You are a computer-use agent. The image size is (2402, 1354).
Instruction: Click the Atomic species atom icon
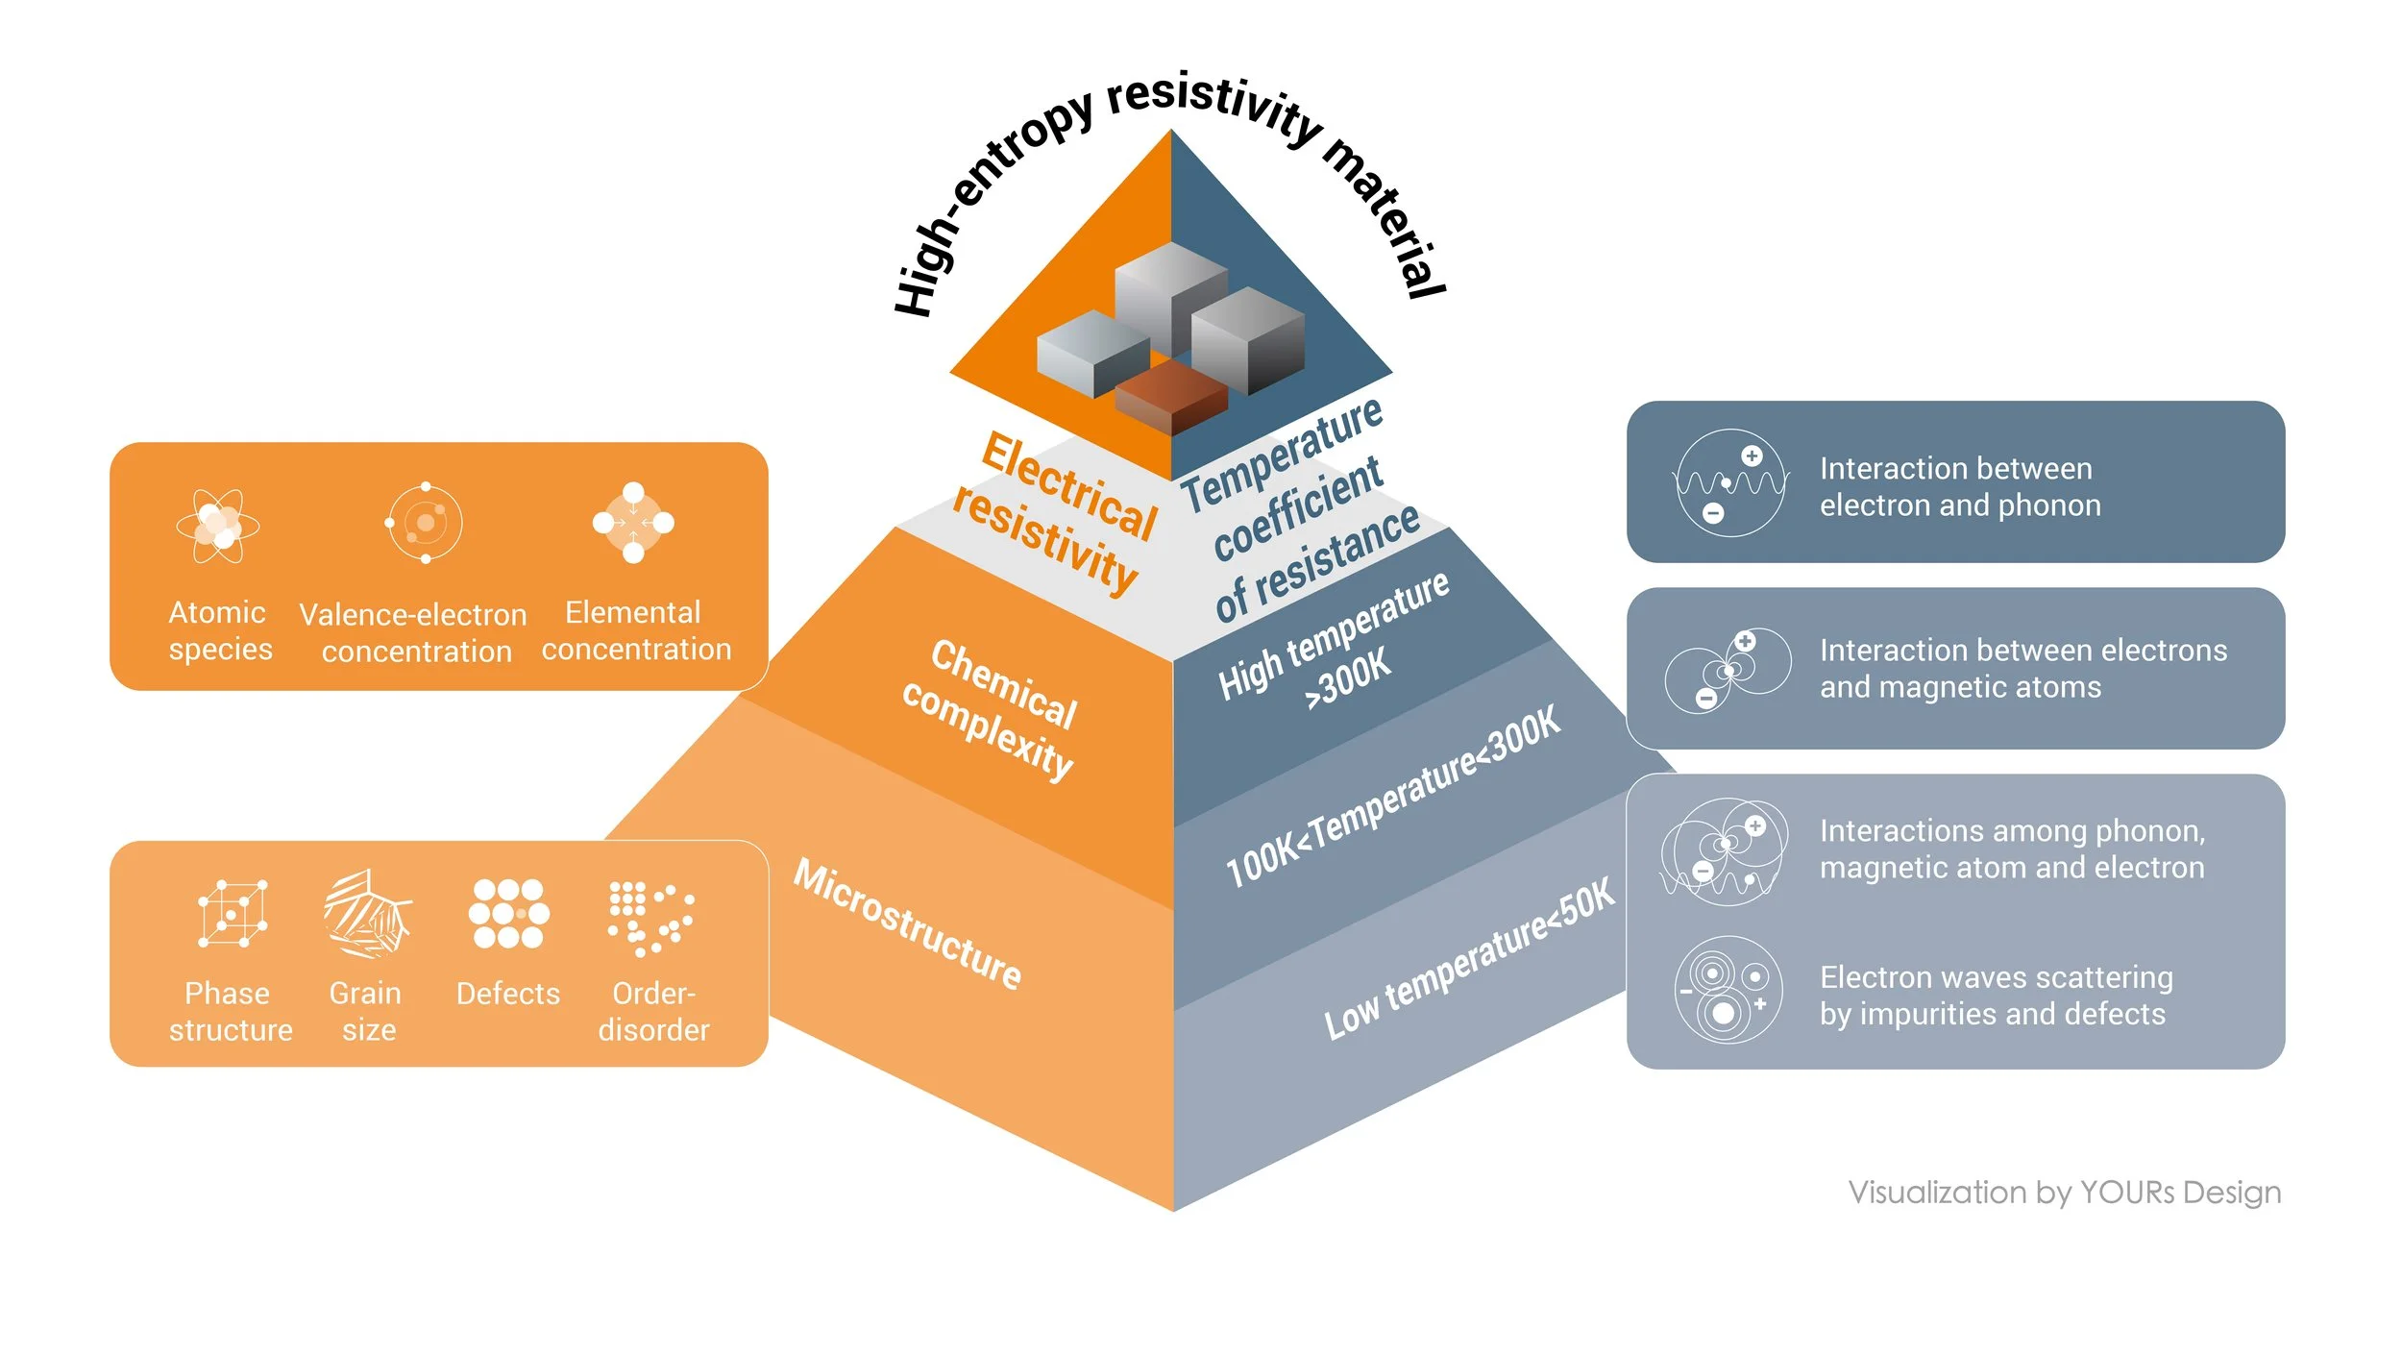tap(218, 526)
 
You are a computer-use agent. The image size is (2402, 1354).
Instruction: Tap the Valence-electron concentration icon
tap(424, 523)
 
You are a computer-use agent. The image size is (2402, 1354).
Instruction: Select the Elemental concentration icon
tap(633, 523)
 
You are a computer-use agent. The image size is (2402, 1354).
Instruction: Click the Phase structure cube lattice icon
tap(233, 912)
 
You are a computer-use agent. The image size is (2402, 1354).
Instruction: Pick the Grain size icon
tap(368, 913)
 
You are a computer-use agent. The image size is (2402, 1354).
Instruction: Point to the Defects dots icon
tap(509, 913)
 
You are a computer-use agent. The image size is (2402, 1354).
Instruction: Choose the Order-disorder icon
tap(651, 919)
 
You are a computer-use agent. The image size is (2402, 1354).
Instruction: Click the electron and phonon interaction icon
tap(1730, 482)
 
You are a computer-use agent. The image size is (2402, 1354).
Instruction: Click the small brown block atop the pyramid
tap(1171, 396)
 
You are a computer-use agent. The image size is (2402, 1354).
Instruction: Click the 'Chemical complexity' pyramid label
tap(991, 711)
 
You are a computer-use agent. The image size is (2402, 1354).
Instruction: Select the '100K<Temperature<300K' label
tap(1394, 797)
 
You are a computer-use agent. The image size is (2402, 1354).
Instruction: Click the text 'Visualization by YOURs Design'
tap(2065, 1193)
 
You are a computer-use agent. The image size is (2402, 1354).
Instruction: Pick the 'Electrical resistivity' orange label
tap(1056, 515)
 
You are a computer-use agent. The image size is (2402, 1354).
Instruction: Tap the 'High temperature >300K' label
tap(1335, 641)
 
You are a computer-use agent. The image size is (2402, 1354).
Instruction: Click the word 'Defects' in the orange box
tap(508, 994)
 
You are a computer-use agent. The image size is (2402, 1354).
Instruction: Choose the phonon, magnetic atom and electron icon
tap(1725, 851)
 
